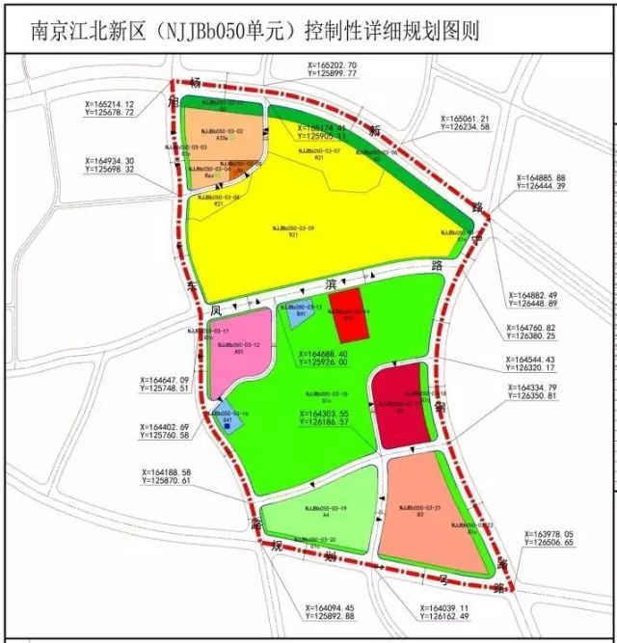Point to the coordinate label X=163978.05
(561, 538)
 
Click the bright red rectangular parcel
(348, 314)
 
